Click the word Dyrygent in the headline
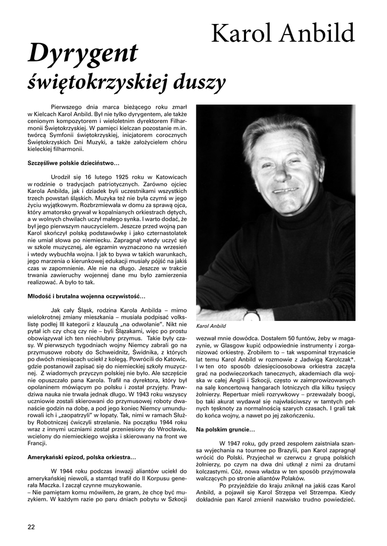click(83, 54)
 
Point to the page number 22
click(31, 527)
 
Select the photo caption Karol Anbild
click(211, 326)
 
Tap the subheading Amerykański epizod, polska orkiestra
click(82, 457)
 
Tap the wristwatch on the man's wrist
click(251, 315)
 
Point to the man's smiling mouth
click(285, 190)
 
